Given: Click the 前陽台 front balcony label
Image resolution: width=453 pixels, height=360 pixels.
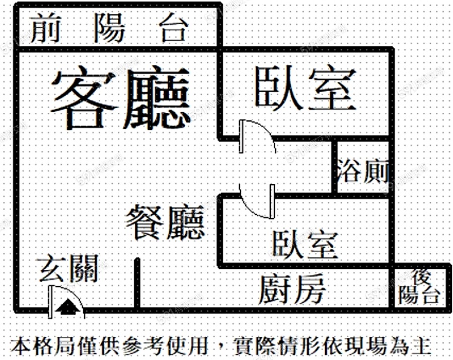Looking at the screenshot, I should (108, 29).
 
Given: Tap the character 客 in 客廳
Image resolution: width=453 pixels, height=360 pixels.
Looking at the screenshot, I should (84, 99).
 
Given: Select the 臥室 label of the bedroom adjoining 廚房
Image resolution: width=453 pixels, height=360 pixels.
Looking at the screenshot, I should (305, 244).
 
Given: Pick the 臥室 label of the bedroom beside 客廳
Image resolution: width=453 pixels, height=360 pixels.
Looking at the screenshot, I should (306, 89).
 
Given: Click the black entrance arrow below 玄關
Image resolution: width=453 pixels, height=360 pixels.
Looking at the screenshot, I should (68, 307).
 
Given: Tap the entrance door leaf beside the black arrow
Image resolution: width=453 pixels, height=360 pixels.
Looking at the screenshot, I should (51, 302).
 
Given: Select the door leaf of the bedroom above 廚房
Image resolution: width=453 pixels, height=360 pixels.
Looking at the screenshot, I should (272, 201).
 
